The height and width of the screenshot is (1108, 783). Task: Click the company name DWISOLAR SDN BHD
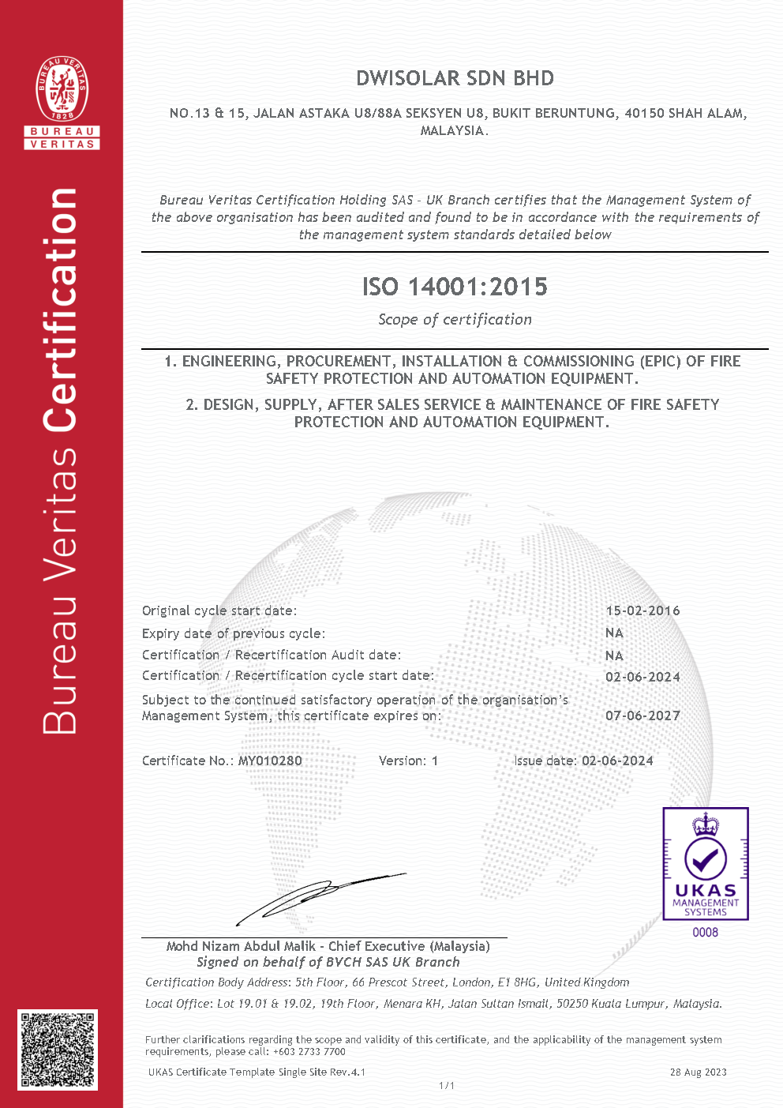tap(455, 78)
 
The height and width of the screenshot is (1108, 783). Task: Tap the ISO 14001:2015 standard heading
tap(455, 286)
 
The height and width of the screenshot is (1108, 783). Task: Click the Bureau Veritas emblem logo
tap(62, 88)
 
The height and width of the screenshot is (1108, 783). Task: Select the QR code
tap(58, 1050)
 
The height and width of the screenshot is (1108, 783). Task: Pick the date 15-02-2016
tap(643, 610)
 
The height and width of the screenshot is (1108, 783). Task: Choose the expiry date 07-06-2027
tap(643, 716)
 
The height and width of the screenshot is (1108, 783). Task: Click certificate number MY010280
tap(270, 761)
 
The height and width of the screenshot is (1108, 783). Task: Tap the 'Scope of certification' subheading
tap(455, 319)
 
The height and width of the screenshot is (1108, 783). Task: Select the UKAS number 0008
tap(705, 933)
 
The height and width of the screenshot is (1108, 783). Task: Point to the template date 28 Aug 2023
tap(698, 1072)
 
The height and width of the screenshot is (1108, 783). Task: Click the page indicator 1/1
tap(447, 1086)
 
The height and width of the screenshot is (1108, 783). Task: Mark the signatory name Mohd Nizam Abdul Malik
tap(241, 946)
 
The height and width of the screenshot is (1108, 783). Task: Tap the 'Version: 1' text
tap(408, 761)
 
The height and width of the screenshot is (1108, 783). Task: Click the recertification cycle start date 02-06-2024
tap(643, 677)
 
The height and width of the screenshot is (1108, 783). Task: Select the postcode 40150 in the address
tap(644, 113)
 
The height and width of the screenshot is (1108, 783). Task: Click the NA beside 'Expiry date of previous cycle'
tap(614, 633)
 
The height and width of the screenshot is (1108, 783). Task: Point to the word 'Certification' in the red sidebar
tap(61, 310)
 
